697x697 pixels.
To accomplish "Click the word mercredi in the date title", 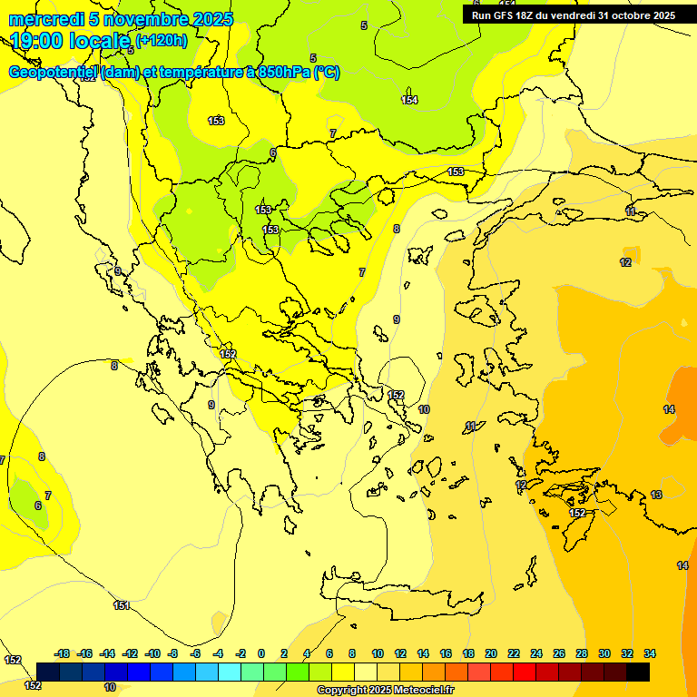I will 42,19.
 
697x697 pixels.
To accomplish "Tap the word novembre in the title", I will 139,19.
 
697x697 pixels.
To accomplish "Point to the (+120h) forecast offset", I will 162,41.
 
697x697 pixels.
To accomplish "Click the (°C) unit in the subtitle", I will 327,73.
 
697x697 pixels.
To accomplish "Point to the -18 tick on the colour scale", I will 63,653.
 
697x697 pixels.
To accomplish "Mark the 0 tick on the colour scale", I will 261,653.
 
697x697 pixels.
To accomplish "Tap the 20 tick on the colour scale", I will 491,653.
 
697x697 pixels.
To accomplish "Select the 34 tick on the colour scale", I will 650,653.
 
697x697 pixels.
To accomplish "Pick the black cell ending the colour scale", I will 638,672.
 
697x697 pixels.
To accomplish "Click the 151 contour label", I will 122,605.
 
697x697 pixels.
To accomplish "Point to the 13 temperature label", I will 656,495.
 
